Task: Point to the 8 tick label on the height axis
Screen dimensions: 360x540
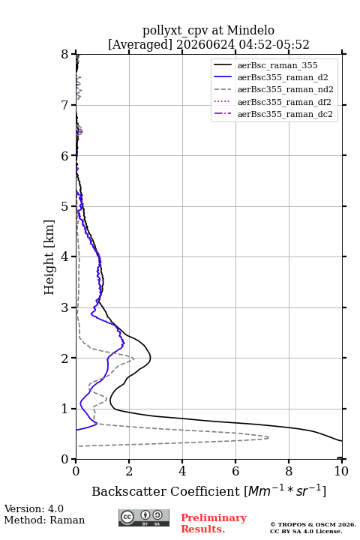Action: pos(65,54)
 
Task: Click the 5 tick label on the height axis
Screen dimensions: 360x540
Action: pos(65,206)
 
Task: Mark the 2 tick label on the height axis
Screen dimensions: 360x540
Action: pos(65,358)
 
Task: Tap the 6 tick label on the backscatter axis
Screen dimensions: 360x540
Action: pos(235,471)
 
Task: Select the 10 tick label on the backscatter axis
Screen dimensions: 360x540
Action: pos(341,471)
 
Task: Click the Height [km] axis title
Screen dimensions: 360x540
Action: pos(49,257)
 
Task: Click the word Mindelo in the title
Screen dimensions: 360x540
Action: pos(250,30)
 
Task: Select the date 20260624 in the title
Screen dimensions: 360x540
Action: pos(205,45)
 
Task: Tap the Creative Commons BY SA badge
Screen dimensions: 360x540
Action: pos(144,517)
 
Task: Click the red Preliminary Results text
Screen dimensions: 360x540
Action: pos(214,523)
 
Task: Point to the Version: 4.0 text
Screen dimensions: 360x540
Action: pos(34,508)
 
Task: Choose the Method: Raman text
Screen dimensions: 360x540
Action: pos(44,520)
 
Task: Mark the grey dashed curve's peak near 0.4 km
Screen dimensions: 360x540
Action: pos(268,437)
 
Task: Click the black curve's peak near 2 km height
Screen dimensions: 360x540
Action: pos(151,358)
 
